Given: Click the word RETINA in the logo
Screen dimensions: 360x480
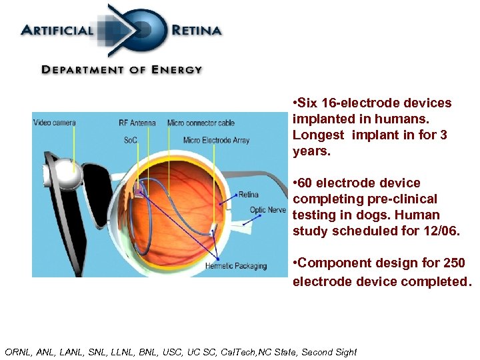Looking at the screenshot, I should (196, 30).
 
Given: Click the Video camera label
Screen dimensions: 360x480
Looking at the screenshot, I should (55, 123).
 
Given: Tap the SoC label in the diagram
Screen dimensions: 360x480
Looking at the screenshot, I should (131, 140).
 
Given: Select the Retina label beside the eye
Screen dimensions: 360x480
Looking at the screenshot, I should (248, 195).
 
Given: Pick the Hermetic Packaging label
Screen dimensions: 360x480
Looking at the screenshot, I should (236, 266).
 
